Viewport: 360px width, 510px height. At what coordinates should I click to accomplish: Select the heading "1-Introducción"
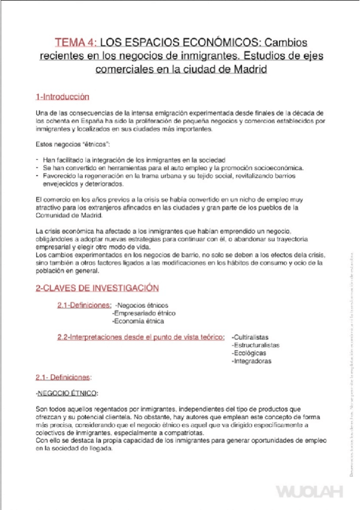[63, 97]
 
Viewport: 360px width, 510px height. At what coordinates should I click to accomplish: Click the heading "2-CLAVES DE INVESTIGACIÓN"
[97, 288]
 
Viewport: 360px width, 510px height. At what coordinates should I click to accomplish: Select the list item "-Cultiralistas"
[250, 337]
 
